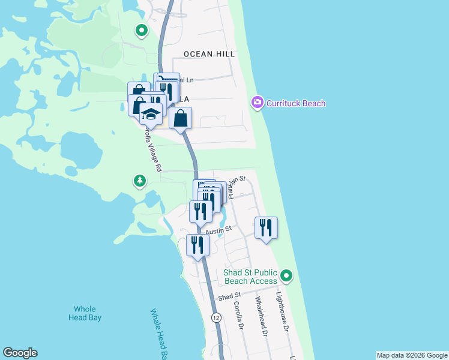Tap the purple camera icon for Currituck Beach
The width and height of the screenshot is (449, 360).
click(258, 103)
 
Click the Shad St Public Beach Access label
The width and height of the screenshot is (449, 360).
click(250, 277)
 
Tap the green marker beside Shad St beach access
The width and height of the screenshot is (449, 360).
click(287, 276)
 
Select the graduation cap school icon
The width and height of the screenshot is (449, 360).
click(151, 112)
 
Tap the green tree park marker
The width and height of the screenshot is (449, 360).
click(139, 181)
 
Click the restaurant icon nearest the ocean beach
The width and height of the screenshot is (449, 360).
click(266, 227)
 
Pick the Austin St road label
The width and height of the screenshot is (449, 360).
click(218, 230)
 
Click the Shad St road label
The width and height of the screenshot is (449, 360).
click(229, 296)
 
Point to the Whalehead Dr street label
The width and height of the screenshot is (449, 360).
click(261, 316)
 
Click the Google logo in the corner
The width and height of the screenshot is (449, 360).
click(20, 353)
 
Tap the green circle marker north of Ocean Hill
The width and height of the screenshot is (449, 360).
click(141, 29)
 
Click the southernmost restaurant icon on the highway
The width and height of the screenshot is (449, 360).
click(197, 244)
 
